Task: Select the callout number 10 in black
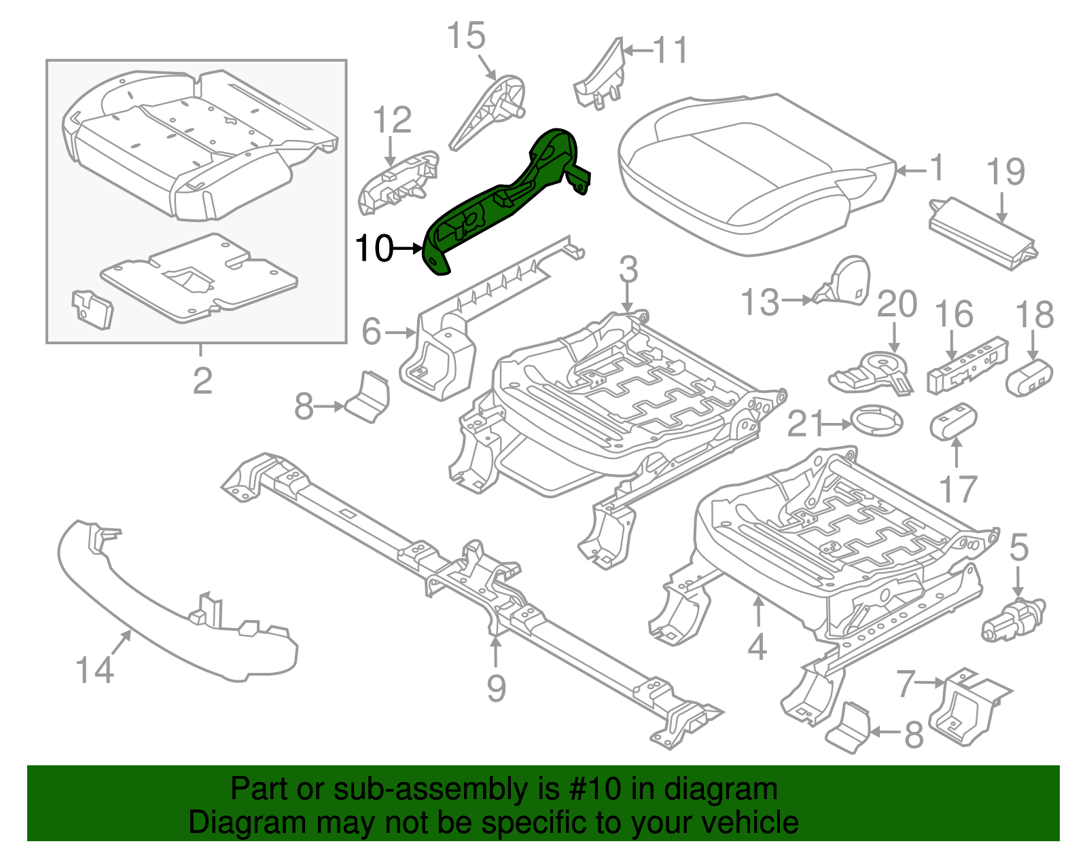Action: [374, 248]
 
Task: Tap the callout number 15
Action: [466, 36]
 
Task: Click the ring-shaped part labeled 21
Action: [876, 422]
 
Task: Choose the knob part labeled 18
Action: [1029, 377]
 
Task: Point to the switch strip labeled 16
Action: [967, 366]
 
